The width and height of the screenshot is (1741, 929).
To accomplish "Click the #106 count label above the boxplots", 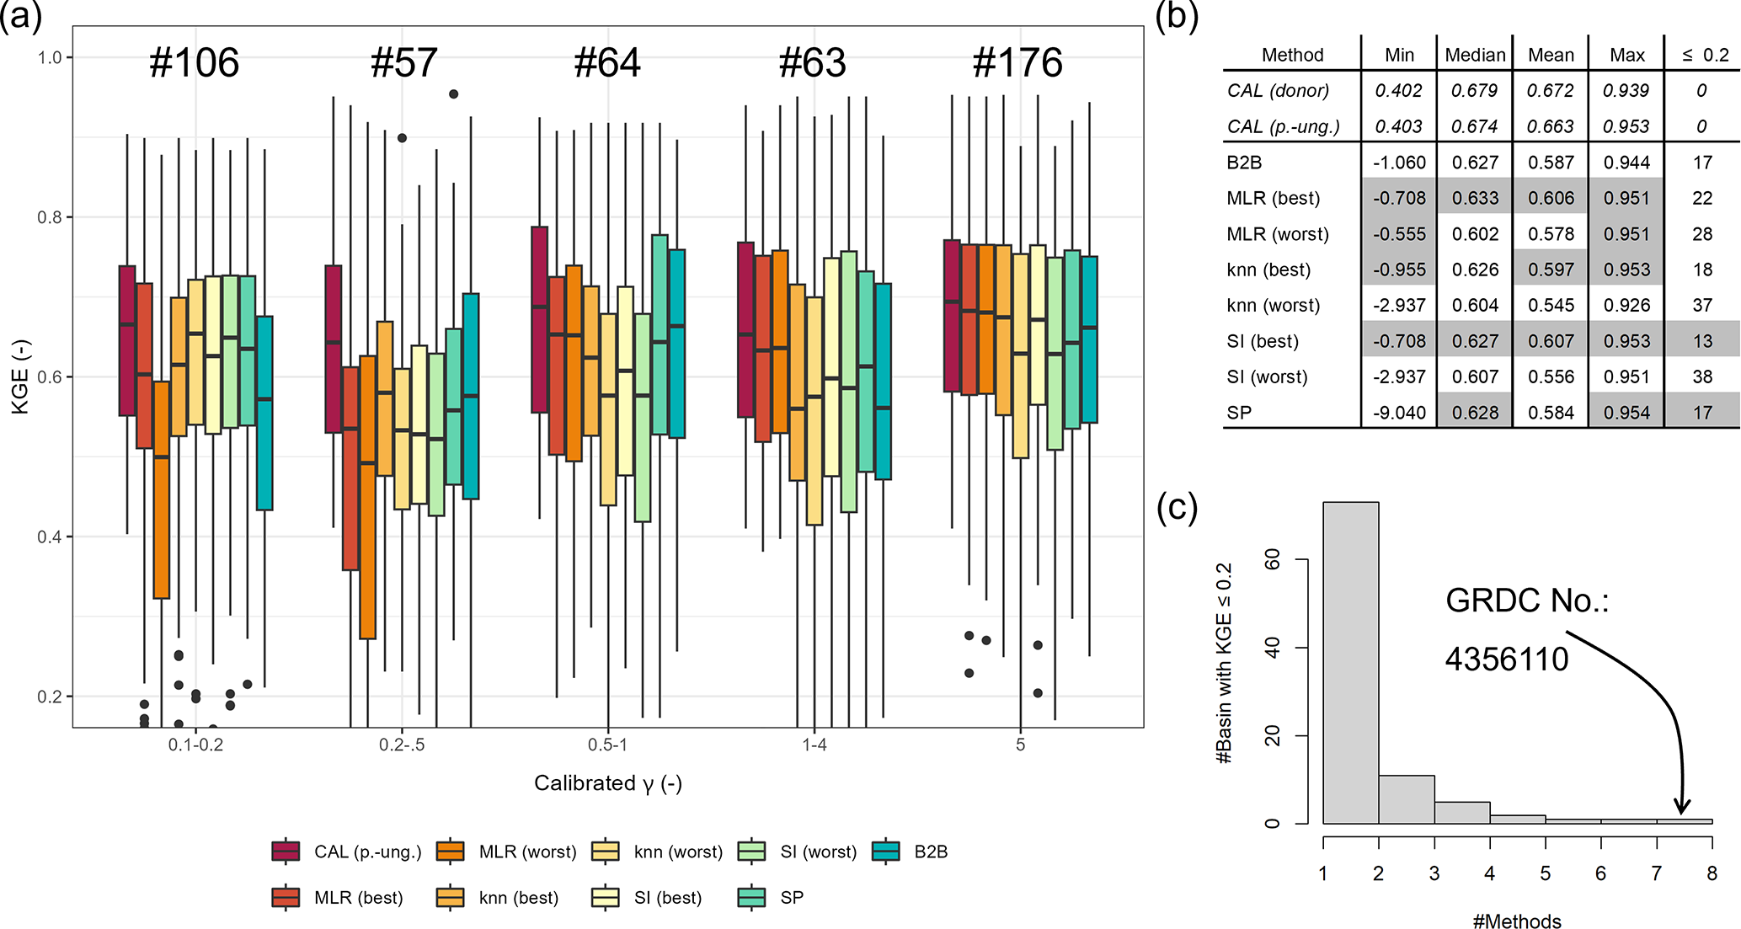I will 194,63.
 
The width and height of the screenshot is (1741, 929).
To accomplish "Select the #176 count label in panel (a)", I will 1017,63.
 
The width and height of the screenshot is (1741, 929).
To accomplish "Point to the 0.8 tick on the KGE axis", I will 51,217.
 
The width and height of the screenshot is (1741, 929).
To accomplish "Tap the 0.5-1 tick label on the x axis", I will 607,745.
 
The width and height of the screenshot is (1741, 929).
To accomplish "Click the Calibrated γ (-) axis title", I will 607,783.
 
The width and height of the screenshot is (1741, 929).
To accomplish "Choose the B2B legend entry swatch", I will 886,852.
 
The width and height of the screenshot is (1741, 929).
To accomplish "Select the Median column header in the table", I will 1475,56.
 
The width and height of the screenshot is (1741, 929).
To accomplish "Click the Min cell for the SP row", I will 1399,413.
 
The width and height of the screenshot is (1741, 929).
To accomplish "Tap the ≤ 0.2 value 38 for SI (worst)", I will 1702,376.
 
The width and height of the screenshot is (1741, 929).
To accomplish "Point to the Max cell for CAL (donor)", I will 1626,91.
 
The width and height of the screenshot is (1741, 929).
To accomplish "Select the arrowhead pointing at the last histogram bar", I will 1682,807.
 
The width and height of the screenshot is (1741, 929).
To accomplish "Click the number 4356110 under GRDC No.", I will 1507,659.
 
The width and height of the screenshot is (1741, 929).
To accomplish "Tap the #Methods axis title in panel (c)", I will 1517,921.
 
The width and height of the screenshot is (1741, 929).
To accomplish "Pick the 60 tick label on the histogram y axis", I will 1273,559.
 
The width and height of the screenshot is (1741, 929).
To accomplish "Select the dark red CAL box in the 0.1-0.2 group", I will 127,340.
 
